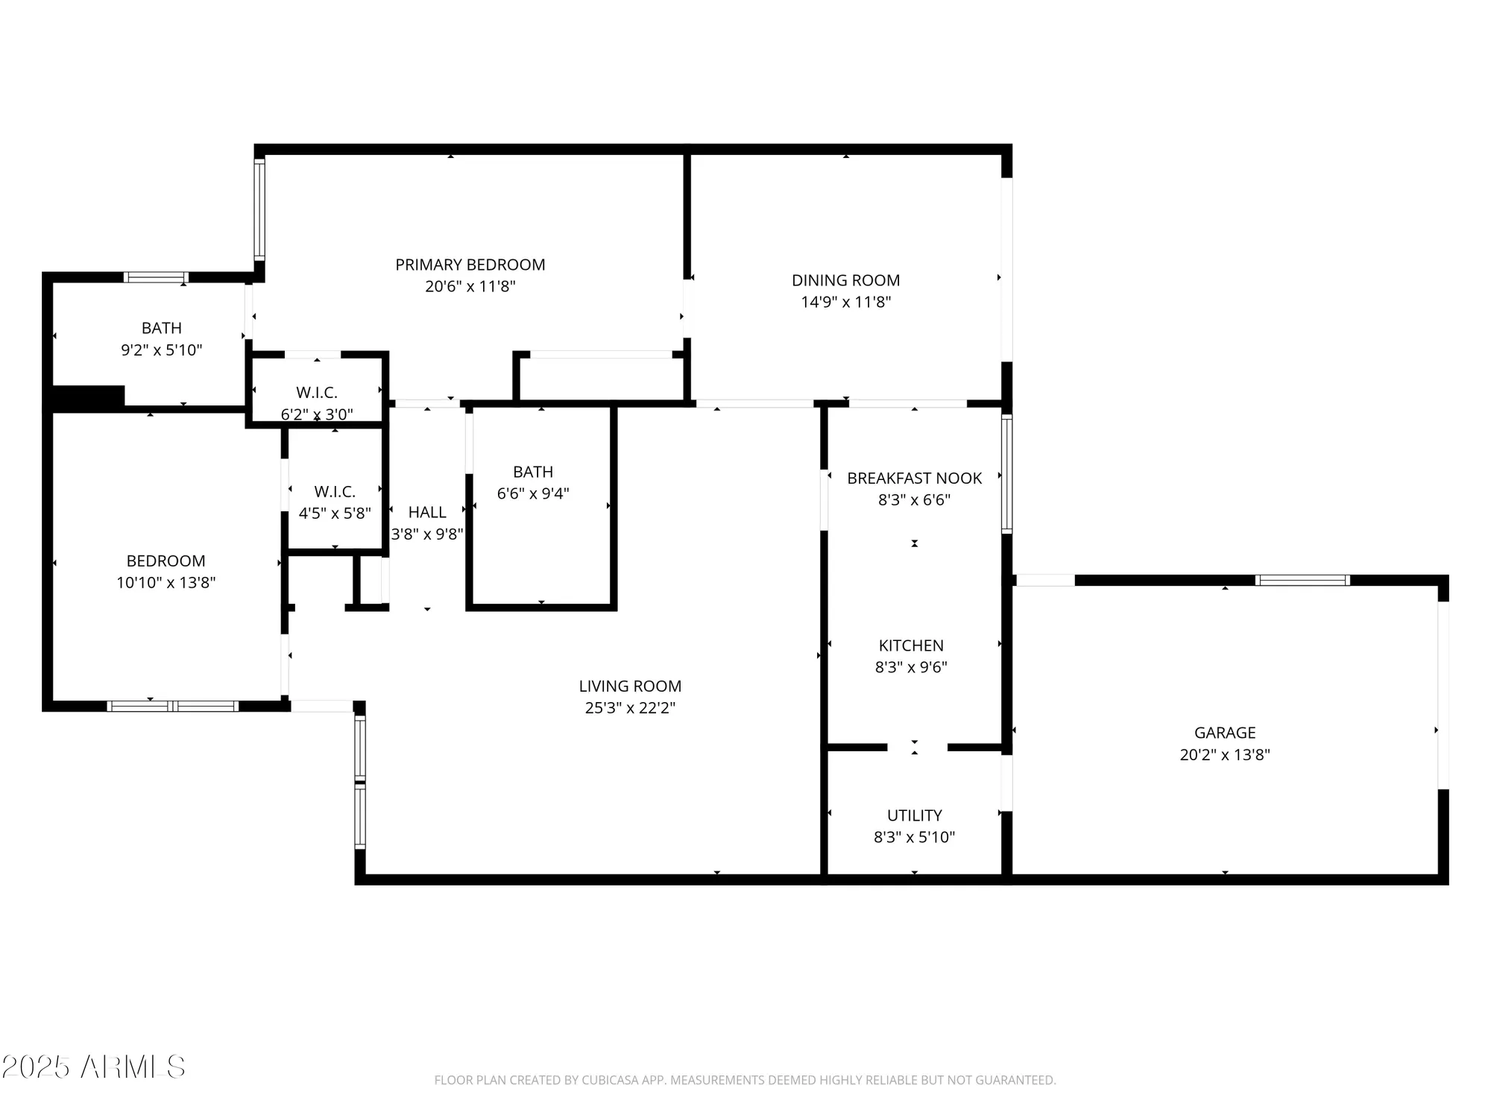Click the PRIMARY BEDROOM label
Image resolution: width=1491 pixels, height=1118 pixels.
pos(470,265)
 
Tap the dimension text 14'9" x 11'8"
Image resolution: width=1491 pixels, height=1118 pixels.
pos(845,302)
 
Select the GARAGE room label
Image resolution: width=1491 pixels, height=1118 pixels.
pos(1224,733)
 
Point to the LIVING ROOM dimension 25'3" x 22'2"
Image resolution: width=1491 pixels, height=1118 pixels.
pos(630,707)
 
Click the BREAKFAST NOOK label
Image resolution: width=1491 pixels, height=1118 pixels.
pos(914,479)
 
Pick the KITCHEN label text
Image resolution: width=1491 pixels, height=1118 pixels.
pos(910,645)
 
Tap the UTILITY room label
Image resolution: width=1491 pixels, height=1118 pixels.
pos(914,815)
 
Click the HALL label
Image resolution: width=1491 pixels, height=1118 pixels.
pos(427,512)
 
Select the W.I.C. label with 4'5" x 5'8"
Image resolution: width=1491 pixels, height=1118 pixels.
pos(334,492)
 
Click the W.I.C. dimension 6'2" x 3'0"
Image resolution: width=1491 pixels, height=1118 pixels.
pos(317,414)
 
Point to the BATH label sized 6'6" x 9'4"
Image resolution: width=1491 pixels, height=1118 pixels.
pos(533,472)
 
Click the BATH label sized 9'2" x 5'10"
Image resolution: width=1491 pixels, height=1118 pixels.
pos(162,328)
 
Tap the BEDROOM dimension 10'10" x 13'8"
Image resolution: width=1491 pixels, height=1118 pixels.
pos(166,582)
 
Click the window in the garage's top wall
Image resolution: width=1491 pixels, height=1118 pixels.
pos(1302,580)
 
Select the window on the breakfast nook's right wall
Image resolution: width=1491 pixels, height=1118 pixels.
pos(1006,474)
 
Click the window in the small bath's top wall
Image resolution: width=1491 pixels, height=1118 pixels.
pos(155,277)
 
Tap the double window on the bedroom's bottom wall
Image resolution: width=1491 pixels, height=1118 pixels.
pos(173,706)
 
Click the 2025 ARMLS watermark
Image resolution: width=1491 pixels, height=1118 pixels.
pos(92,1067)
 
